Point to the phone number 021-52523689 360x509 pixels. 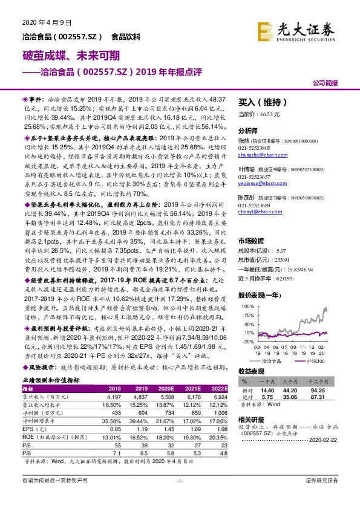coord(255,204)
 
